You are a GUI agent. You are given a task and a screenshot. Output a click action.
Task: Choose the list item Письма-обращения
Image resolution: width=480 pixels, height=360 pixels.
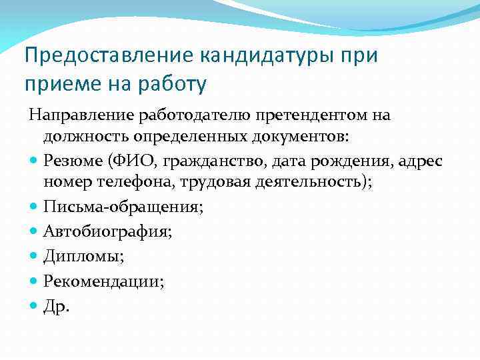123,207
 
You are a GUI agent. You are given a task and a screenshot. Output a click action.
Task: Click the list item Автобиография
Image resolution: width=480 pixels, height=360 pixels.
107,231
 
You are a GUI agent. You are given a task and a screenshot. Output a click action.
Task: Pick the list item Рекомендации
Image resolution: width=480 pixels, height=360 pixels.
103,281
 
